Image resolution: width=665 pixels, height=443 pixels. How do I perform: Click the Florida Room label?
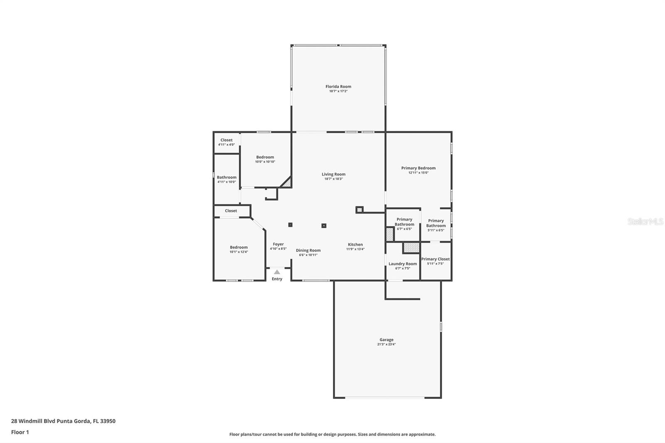pos(338,86)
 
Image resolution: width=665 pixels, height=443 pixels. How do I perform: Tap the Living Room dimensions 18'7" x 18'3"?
pos(333,179)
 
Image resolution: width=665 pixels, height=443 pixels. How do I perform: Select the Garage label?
pos(386,340)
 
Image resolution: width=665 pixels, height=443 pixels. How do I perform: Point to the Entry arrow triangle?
pos(277,272)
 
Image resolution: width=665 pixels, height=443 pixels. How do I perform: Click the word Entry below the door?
pos(277,279)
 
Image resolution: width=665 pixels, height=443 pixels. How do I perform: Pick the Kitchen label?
pos(355,244)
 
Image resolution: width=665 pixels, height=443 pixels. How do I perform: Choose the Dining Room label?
pos(308,250)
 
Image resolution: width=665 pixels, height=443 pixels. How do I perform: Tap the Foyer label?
pos(278,244)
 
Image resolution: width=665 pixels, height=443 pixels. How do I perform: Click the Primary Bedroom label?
pos(418,168)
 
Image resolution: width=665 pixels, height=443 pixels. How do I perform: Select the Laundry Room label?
pos(403,263)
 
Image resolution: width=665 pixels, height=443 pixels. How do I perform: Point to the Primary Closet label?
pos(435,259)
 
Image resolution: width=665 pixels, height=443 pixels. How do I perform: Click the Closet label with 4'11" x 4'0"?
pos(226,140)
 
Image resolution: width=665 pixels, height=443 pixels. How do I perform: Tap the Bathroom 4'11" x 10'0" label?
pos(227,177)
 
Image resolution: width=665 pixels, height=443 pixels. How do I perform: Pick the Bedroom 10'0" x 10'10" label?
pos(265,157)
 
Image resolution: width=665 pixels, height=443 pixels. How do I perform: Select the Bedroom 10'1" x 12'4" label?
pos(239,247)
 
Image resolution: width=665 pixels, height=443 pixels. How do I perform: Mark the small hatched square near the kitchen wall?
pos(359,210)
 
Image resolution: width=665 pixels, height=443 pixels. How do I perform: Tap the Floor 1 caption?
pos(20,432)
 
